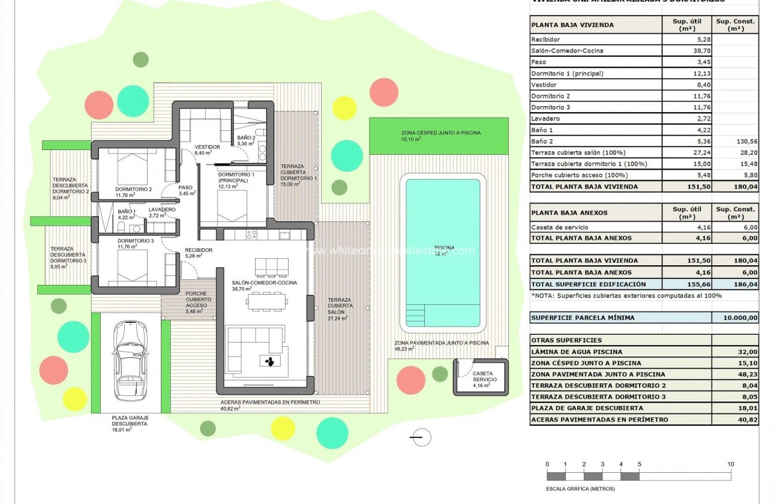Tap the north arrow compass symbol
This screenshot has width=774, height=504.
point(422,437)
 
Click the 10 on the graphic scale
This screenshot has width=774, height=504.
point(730,464)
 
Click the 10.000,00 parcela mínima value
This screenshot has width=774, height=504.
point(734,318)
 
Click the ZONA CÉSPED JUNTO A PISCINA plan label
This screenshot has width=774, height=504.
point(441,133)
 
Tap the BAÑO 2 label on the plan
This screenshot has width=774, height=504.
point(247,138)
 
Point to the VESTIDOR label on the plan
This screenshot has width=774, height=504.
point(207,147)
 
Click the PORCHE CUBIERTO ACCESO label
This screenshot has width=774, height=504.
point(197,299)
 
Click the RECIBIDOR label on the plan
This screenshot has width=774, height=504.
point(199,250)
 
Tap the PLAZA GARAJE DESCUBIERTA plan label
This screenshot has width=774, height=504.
point(130,420)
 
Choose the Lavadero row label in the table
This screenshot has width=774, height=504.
point(545,119)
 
